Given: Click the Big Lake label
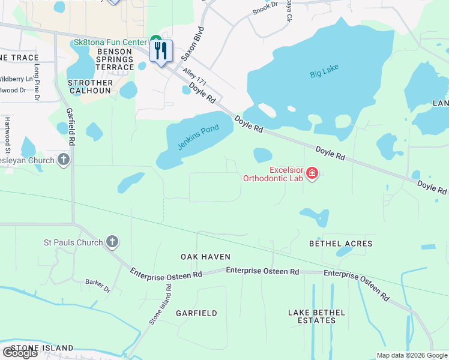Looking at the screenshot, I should (x=324, y=74).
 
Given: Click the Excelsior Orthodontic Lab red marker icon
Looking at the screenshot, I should (x=312, y=174).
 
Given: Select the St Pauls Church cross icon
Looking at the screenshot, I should (x=112, y=242).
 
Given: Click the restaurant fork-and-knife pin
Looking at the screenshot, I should (x=161, y=51).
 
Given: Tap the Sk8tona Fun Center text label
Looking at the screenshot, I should (x=109, y=42).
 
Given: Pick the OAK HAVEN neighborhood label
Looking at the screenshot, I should (x=206, y=257).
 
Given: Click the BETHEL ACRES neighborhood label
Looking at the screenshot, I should (x=340, y=244).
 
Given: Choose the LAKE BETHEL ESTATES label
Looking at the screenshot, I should (x=316, y=316).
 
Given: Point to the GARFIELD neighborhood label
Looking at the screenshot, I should (x=196, y=313).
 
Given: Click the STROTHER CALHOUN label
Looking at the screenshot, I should (x=91, y=86).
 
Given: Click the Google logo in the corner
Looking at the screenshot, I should (x=20, y=353).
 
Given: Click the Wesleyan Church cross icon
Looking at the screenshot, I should (x=64, y=160).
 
